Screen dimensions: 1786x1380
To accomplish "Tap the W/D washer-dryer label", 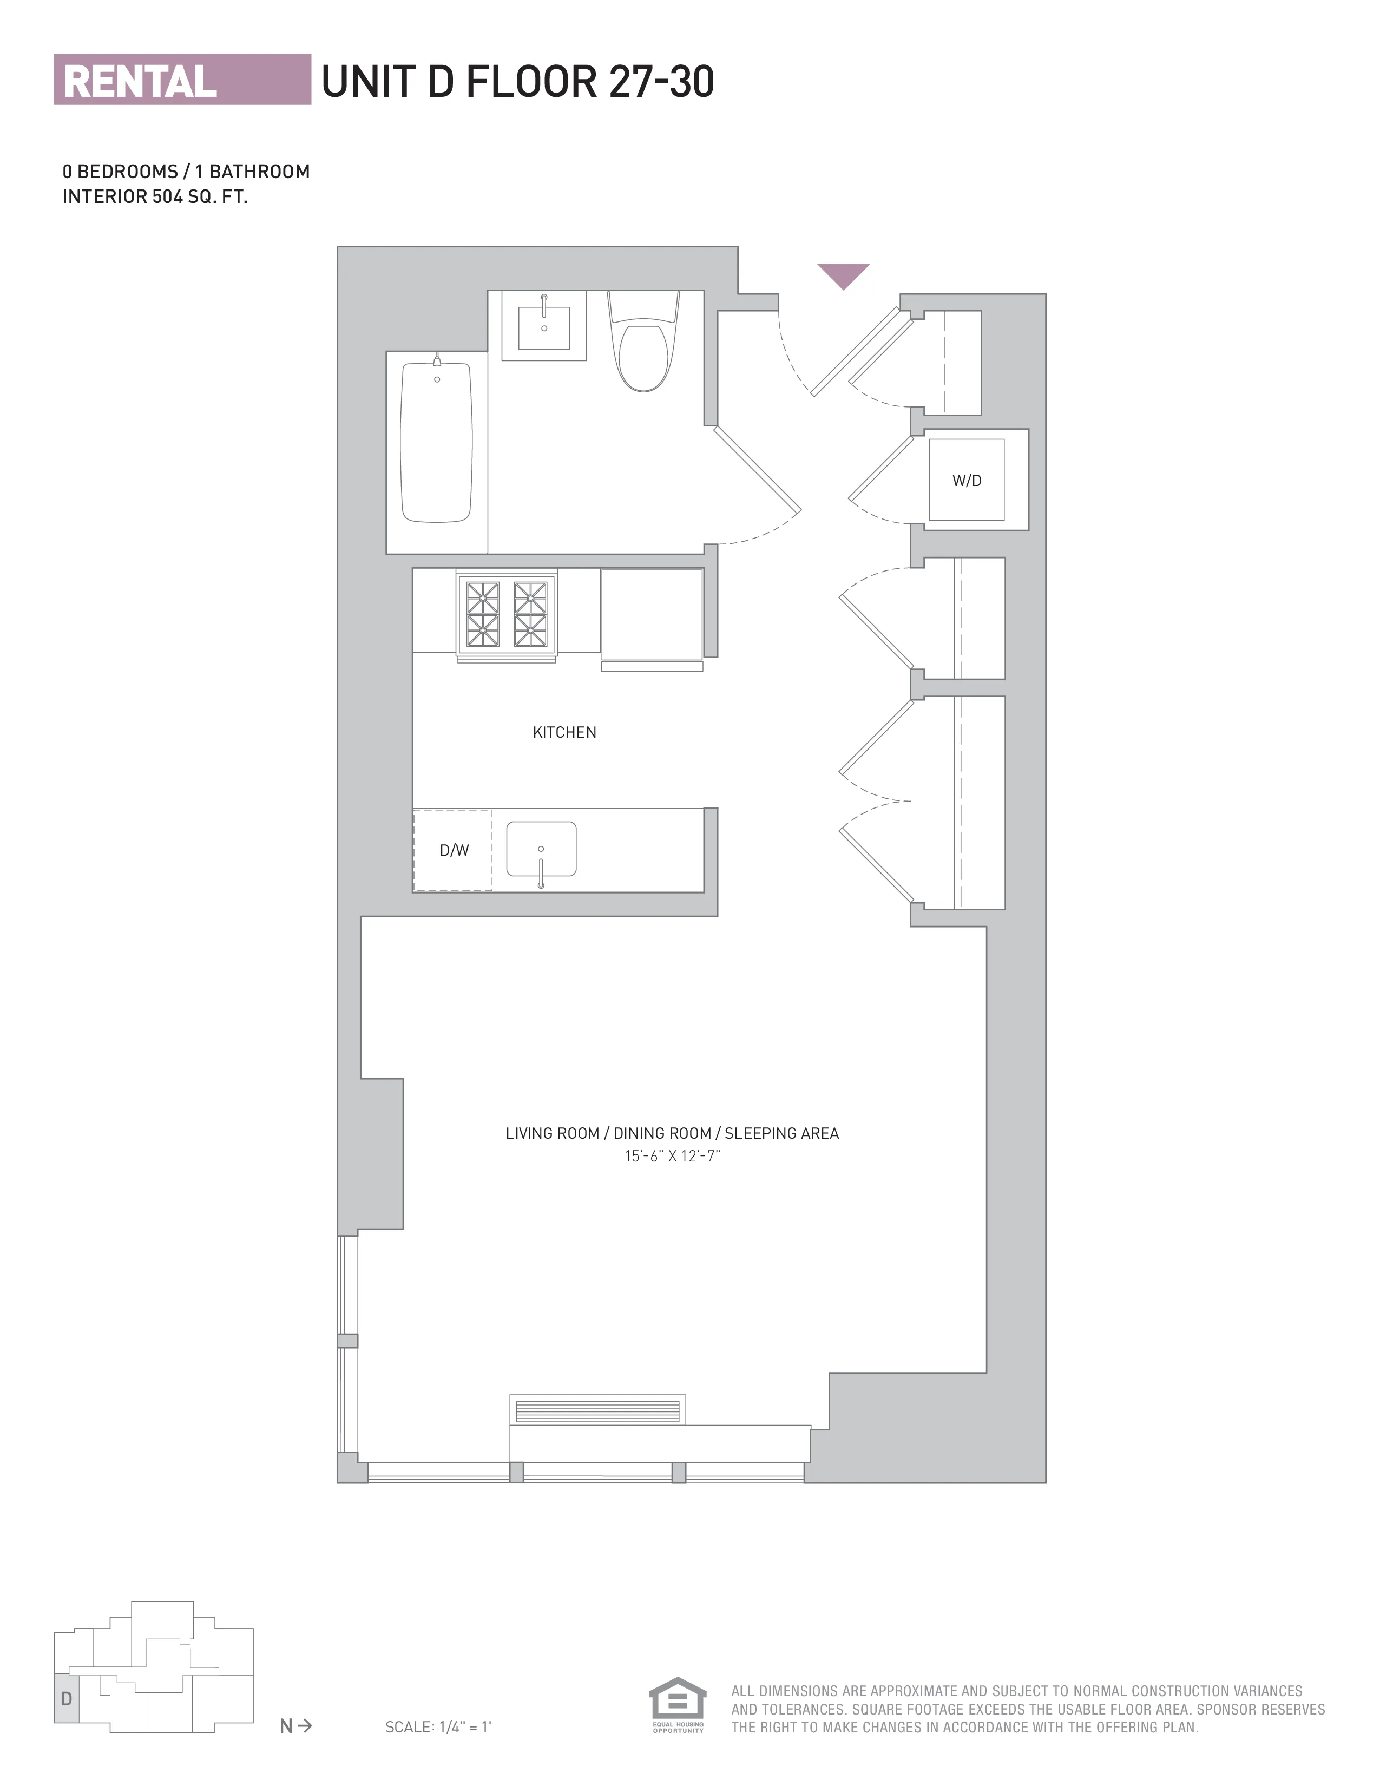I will point(967,481).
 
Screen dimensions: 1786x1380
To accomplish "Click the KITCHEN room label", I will point(564,733).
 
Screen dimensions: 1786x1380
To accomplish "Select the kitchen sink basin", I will point(541,849).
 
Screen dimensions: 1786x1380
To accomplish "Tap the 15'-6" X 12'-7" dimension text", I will point(672,1157).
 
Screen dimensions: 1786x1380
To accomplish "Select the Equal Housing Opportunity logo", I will point(677,1705).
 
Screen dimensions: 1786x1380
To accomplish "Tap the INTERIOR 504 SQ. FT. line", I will point(155,197).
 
